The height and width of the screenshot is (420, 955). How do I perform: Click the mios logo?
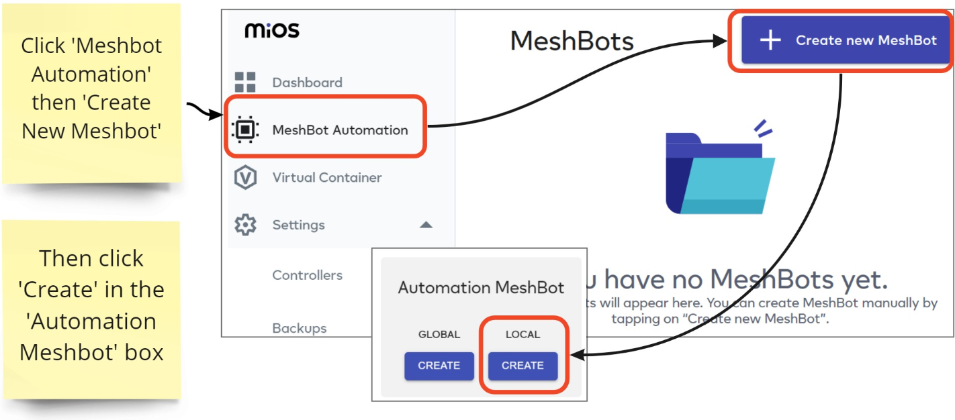pyautogui.click(x=272, y=30)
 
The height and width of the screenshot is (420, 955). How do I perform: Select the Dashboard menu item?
pyautogui.click(x=307, y=83)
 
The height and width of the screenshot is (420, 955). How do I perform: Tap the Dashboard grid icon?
pyautogui.click(x=245, y=82)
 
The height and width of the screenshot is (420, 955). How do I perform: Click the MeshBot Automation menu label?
pyautogui.click(x=340, y=130)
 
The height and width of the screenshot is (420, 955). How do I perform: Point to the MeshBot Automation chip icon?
pyautogui.click(x=245, y=129)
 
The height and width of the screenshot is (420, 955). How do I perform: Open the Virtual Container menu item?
pyautogui.click(x=326, y=178)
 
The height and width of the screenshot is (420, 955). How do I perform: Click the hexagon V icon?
pyautogui.click(x=245, y=178)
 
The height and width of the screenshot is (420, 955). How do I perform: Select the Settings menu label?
pyautogui.click(x=298, y=225)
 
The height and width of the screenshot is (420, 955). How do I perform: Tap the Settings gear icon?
pyautogui.click(x=245, y=225)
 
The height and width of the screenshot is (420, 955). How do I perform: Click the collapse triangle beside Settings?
pyautogui.click(x=426, y=225)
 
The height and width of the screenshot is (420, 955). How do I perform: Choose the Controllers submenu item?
pyautogui.click(x=307, y=275)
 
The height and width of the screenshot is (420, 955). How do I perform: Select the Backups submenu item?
pyautogui.click(x=299, y=328)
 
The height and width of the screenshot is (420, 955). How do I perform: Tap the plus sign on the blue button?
pyautogui.click(x=770, y=40)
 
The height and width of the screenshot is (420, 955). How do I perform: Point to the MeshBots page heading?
pyautogui.click(x=572, y=42)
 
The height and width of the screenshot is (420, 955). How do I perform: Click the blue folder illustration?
pyautogui.click(x=719, y=172)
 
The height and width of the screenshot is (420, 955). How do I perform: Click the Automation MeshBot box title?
pyautogui.click(x=481, y=288)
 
